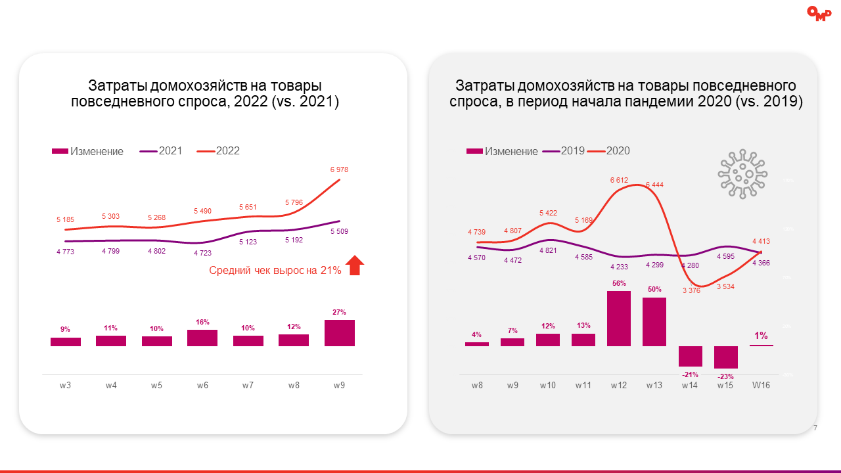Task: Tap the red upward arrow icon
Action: coord(355,265)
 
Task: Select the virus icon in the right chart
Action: coord(742,173)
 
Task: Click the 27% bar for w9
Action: coord(340,333)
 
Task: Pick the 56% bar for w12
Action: coord(618,319)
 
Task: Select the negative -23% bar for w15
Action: coord(725,357)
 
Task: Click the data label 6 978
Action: coord(339,169)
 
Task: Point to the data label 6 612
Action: coord(620,180)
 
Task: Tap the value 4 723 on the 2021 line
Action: coord(202,252)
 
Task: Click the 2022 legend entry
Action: coord(227,151)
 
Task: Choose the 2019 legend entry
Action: coord(572,151)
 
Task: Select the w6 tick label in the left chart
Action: coord(202,386)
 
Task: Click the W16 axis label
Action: coord(761,386)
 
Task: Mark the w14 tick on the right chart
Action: coord(690,386)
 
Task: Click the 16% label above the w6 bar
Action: coord(202,322)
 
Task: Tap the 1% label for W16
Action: coord(761,336)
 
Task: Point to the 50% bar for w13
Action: coord(654,322)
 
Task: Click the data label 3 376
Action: coord(691,290)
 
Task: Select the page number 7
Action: coord(815,428)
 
